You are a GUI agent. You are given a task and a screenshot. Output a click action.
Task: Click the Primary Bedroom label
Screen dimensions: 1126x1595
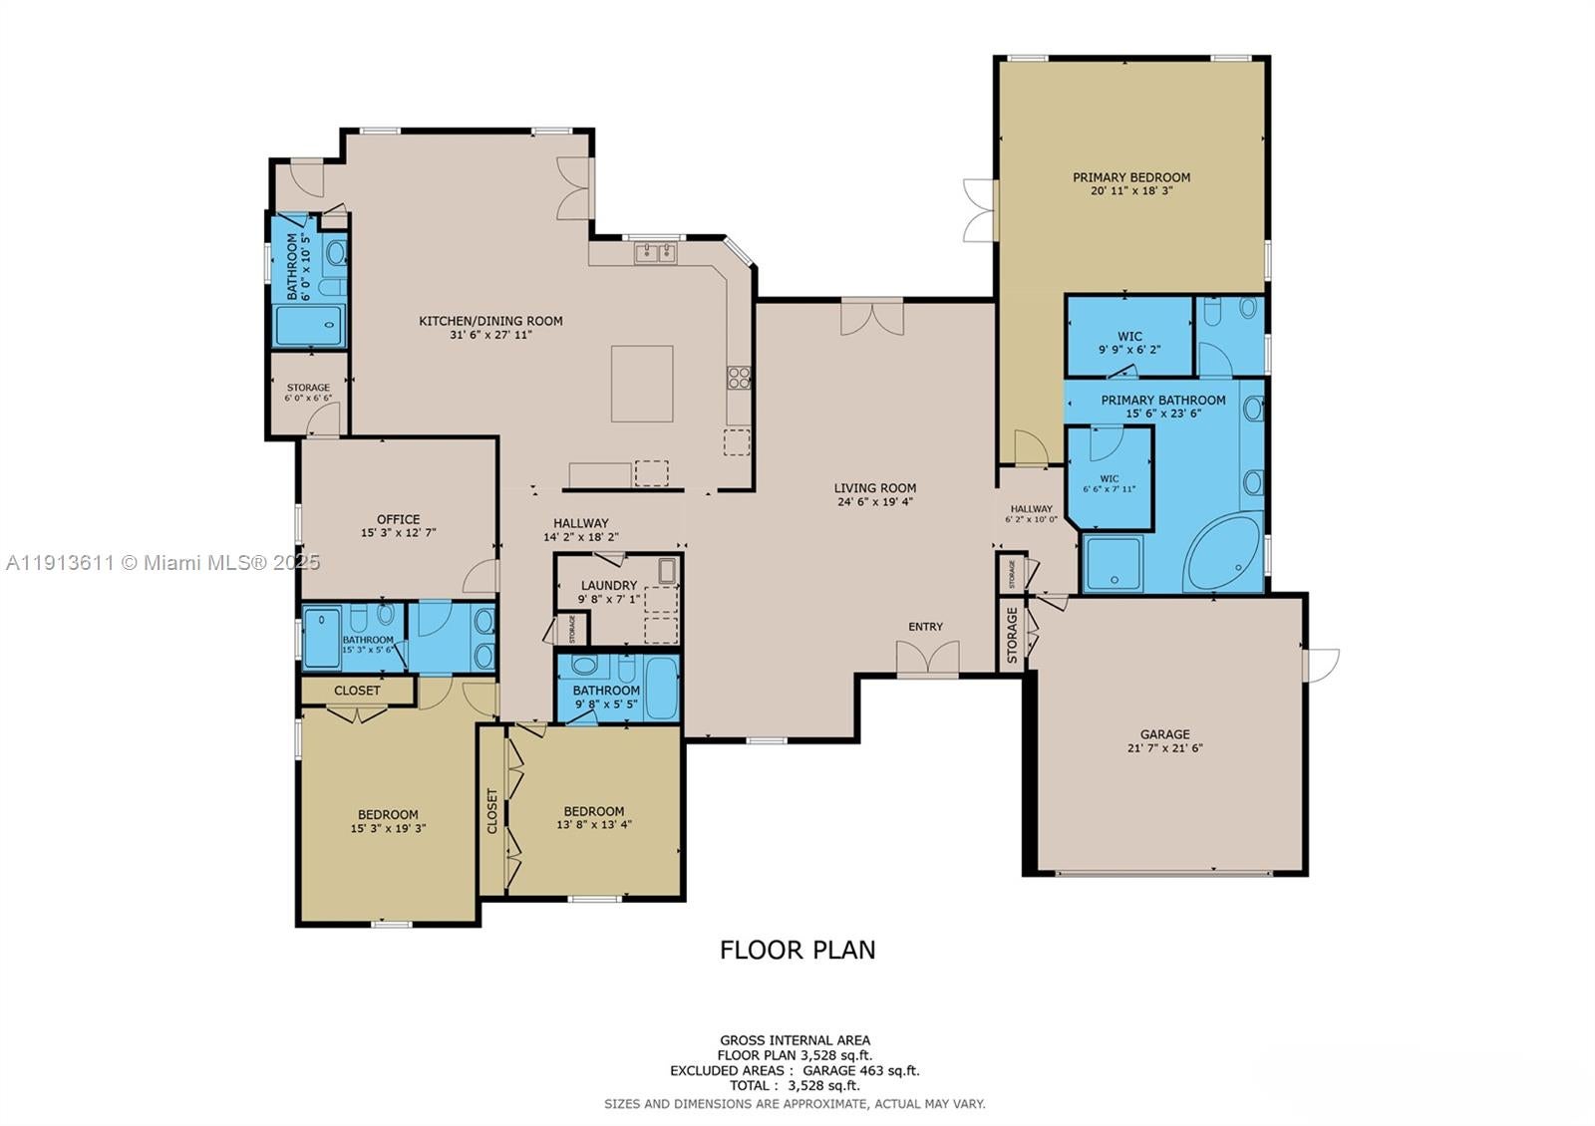pos(1130,177)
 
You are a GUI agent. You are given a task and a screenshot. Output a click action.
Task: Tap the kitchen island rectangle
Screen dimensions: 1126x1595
pos(642,384)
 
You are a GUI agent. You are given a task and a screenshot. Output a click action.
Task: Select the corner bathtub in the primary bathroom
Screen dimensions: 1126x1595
pos(1225,553)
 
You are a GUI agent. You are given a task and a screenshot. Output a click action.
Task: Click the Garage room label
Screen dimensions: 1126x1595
pos(1165,734)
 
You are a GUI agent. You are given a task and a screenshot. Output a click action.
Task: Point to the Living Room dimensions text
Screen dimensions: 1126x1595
pos(875,502)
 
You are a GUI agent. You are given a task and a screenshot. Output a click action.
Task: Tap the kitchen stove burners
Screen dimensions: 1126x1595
pos(739,377)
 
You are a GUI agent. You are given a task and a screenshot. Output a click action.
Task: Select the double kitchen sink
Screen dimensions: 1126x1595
pos(655,252)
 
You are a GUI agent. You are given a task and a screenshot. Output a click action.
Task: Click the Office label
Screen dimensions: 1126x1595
pos(398,519)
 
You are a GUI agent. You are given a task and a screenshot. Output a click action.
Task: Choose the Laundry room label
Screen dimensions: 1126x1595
pos(608,586)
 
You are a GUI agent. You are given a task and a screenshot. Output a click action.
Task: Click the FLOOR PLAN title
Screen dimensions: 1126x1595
pos(797,950)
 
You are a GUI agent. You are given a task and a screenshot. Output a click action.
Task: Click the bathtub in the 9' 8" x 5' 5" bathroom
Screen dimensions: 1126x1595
pos(661,688)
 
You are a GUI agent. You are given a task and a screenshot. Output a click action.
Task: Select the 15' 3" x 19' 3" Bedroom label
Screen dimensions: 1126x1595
pos(388,814)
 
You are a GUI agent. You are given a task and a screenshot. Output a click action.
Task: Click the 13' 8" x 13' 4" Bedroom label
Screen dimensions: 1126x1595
pos(593,811)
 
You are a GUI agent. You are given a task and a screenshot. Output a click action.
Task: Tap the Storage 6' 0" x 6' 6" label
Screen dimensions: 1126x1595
pos(308,388)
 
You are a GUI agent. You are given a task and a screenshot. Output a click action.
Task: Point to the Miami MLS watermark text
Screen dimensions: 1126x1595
pos(162,562)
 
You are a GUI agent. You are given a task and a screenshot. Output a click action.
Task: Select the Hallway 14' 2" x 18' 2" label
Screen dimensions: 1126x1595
pos(581,523)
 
